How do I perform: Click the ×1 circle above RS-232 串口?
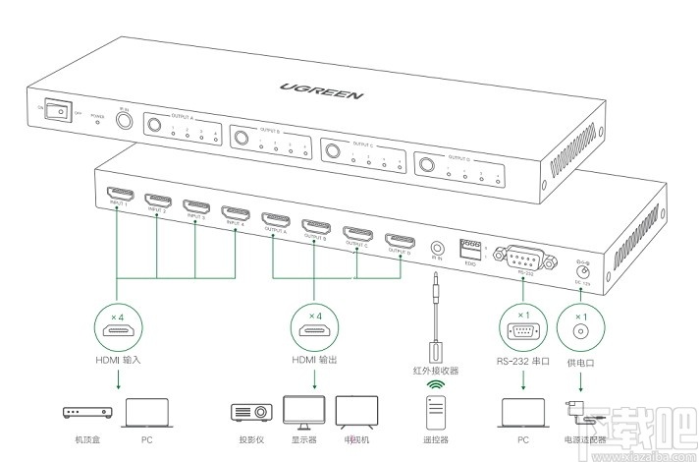[522, 328]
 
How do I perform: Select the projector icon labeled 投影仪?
[247, 412]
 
